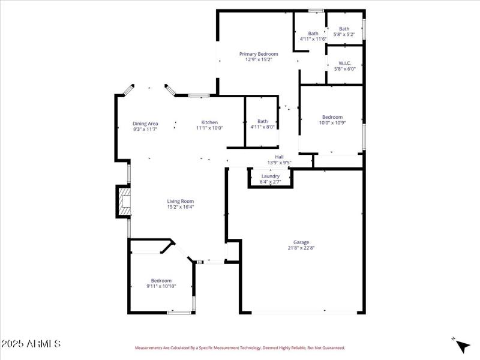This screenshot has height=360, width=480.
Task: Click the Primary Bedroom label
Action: [259, 54]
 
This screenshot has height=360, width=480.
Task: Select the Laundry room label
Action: [270, 176]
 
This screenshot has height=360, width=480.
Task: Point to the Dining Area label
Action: [145, 124]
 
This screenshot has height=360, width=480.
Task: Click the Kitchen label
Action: [209, 122]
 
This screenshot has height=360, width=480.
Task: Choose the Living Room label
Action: [180, 202]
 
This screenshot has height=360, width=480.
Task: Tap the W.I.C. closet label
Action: [344, 63]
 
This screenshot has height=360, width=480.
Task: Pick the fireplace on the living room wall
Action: [124, 202]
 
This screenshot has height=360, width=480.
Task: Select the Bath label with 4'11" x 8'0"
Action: [262, 121]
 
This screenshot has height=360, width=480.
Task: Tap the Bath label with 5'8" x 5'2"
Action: [344, 29]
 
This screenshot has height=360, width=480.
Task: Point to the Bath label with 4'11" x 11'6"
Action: [313, 34]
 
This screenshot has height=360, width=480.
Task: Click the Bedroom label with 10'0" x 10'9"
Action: [332, 117]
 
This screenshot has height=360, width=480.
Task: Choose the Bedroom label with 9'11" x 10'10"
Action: [161, 281]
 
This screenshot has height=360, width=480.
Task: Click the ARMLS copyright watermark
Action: [31, 344]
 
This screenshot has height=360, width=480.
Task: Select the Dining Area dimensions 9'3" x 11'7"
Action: [145, 129]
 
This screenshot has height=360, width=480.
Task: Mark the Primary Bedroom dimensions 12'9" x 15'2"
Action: [259, 59]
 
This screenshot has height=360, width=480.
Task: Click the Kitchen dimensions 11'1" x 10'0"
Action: [209, 128]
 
